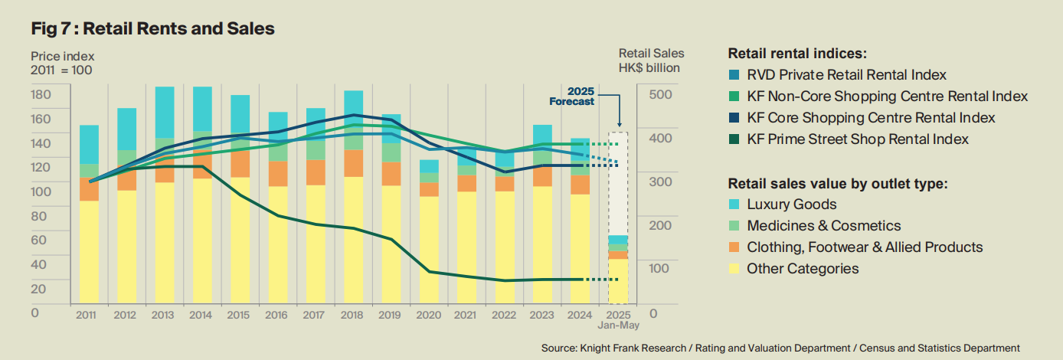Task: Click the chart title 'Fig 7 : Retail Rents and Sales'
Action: tap(152, 29)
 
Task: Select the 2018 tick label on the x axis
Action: tap(353, 314)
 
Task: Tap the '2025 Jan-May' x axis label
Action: tap(617, 319)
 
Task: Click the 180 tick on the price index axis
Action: tap(41, 94)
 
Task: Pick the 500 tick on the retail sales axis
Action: tap(659, 94)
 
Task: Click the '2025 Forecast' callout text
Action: tap(571, 97)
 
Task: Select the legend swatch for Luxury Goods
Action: tap(734, 205)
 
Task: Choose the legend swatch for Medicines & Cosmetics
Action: tap(734, 226)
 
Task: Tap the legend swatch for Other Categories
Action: tap(734, 269)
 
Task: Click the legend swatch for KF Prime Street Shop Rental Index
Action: tap(734, 139)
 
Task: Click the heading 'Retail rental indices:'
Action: tap(797, 54)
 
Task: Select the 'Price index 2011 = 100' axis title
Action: tap(63, 63)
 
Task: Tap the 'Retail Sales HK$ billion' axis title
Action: tap(651, 61)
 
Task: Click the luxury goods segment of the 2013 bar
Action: tap(165, 112)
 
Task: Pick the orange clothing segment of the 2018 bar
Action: tap(353, 163)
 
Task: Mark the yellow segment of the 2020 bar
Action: tap(429, 249)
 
